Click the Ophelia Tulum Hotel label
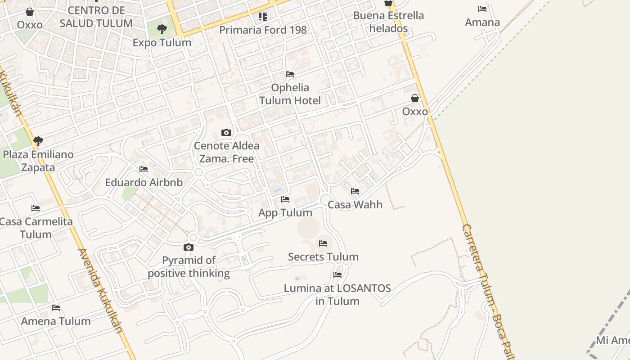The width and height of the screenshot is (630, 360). [x=290, y=94]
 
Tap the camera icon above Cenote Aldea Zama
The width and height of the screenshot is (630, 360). [x=226, y=132]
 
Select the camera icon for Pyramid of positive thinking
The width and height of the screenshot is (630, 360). [x=189, y=247]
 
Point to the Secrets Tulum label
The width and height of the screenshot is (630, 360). [x=323, y=257]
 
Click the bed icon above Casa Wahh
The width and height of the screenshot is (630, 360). [x=355, y=191]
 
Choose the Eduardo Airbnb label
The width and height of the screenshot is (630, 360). [x=144, y=182]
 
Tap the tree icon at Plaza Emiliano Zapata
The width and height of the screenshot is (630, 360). [x=38, y=141]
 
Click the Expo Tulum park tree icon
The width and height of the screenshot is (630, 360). [x=162, y=30]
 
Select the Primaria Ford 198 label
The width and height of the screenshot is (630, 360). [x=263, y=30]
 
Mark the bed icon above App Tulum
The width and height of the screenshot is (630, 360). [x=285, y=199]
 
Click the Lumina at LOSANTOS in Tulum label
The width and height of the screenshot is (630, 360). [x=337, y=294]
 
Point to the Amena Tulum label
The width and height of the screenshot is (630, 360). [x=56, y=321]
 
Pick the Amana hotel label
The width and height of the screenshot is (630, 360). [x=482, y=22]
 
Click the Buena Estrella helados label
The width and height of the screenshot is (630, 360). [x=388, y=22]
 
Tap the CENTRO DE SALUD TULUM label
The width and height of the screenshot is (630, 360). [x=96, y=17]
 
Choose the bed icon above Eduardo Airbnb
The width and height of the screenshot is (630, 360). [x=144, y=169]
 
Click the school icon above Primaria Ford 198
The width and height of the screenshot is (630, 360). [x=263, y=17]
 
